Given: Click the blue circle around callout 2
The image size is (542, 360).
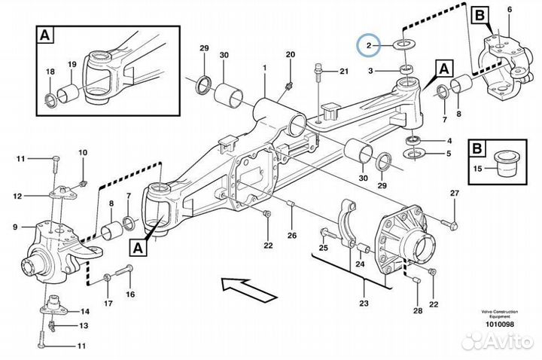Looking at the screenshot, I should (x=370, y=46).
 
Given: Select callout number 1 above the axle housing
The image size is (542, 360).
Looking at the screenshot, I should (x=265, y=69).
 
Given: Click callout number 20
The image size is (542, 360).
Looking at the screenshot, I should (x=291, y=54).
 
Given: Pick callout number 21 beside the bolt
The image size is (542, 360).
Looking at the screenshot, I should (x=343, y=72).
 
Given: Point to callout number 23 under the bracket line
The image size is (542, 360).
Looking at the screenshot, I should (x=364, y=304).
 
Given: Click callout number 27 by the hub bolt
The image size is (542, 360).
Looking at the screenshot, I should (x=454, y=194).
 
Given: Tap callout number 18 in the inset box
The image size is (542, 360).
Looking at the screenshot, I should (x=50, y=72).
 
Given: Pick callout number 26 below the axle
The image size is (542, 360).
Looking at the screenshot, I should (x=291, y=234).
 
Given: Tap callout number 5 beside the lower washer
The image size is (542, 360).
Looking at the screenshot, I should (x=449, y=153).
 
